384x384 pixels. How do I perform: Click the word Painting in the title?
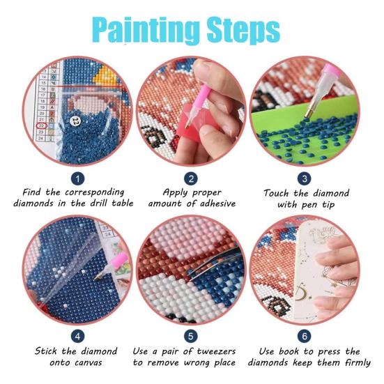[142, 30]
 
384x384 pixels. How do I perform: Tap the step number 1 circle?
[78, 178]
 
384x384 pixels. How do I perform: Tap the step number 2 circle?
[191, 178]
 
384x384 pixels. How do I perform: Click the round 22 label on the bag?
[75, 121]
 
